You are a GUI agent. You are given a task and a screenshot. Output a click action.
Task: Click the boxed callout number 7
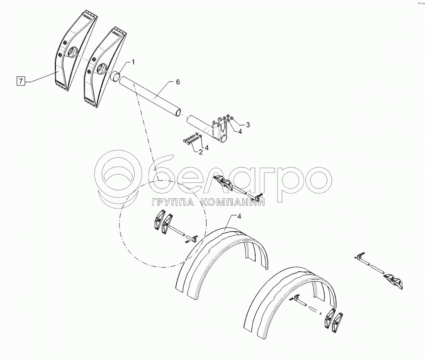[x=20, y=81]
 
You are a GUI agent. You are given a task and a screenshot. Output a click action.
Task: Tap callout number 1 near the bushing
[x=132, y=63]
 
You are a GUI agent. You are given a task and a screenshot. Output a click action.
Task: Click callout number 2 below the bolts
[x=200, y=152]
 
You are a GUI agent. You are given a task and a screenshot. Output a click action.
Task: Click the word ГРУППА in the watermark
[x=173, y=203]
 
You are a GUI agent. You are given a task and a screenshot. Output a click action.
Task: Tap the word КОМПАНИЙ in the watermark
[x=232, y=203]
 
